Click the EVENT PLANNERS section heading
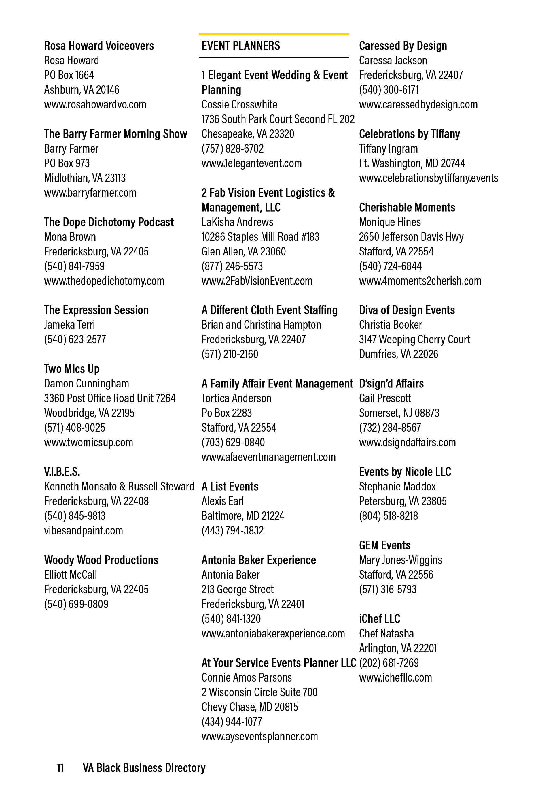click(241, 46)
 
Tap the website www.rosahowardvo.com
click(95, 105)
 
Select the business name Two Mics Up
click(71, 369)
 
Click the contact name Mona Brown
click(70, 237)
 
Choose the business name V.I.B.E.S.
click(62, 472)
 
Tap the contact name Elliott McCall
click(71, 575)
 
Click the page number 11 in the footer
click(60, 768)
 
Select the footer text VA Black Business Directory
click(144, 768)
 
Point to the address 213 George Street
click(237, 589)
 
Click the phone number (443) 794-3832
click(232, 530)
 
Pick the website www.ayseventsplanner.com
click(260, 736)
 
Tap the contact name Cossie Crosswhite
click(239, 105)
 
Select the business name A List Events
click(230, 486)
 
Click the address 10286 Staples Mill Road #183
click(260, 237)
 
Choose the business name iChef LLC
click(379, 619)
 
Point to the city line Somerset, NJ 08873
click(399, 413)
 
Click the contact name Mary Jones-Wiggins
click(400, 560)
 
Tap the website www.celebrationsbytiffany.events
click(429, 178)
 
